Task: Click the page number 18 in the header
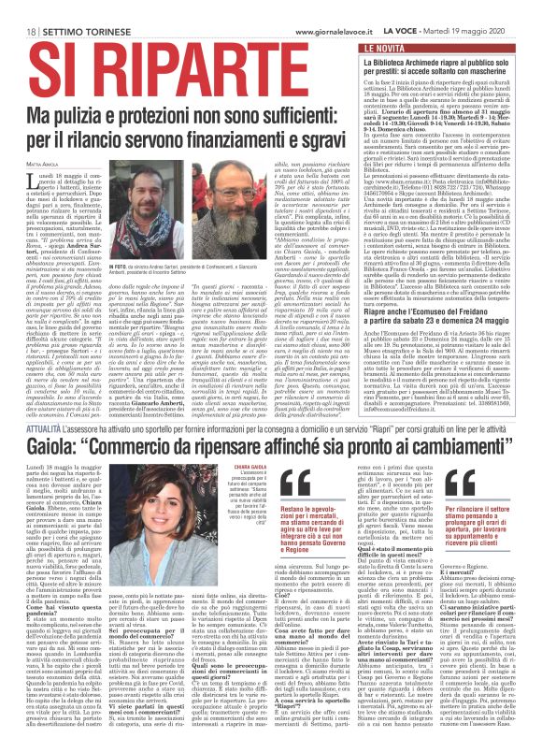point(20,9)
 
